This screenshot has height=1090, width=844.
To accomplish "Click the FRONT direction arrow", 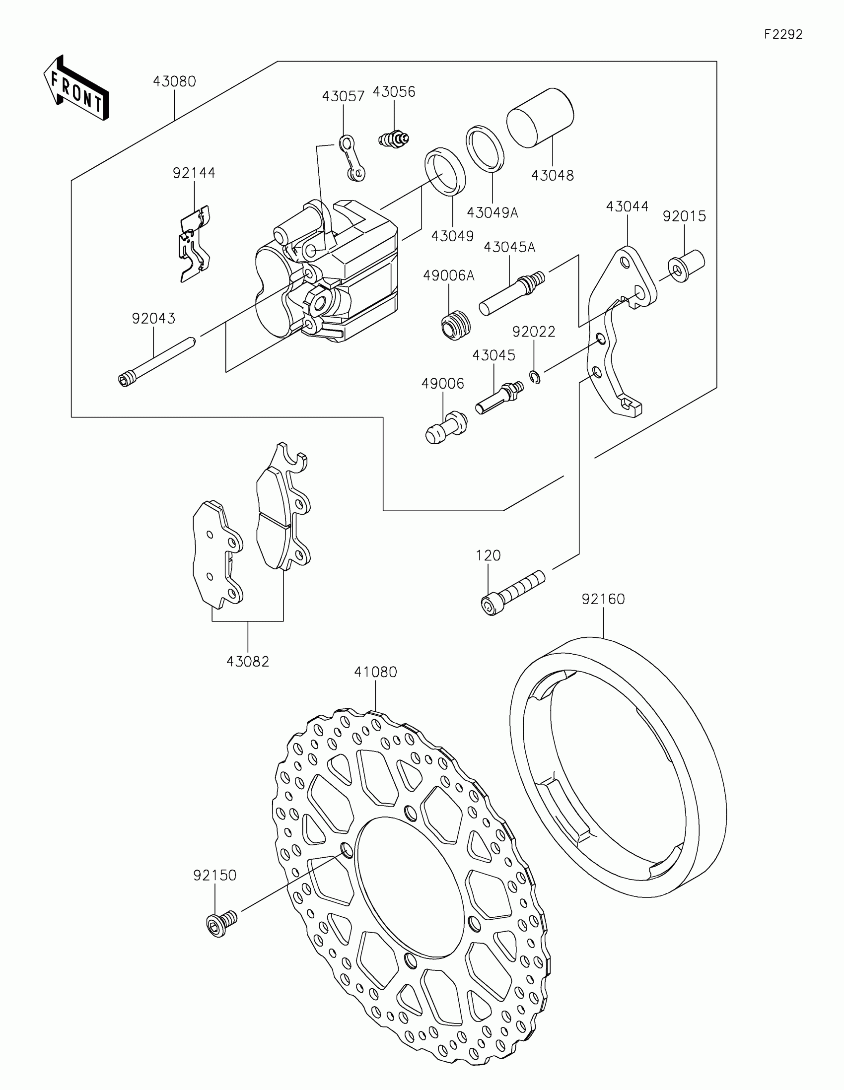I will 76,88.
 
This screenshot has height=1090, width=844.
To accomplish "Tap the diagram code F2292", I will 782,34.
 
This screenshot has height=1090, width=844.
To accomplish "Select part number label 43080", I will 174,81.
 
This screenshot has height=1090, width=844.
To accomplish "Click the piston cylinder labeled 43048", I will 540,118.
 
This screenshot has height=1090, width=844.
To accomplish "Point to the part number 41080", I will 375,672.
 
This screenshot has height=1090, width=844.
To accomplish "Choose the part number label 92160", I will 603,599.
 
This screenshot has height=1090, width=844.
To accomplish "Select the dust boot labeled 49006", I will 445,427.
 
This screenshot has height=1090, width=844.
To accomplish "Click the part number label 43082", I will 248,662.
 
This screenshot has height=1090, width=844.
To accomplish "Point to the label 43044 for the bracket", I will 627,206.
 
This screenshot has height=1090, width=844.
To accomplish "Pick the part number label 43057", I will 343,96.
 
